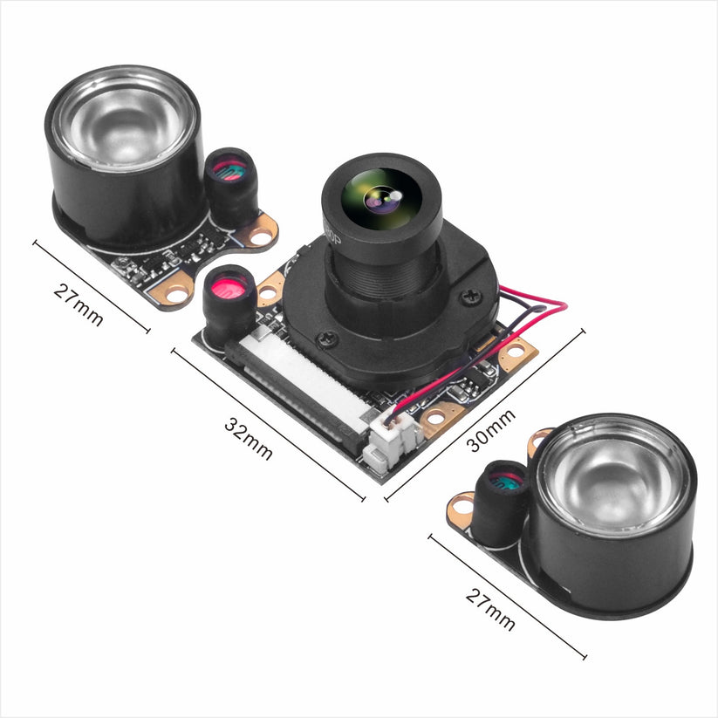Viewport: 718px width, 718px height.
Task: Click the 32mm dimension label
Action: (x=250, y=439)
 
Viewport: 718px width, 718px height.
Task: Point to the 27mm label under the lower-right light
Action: (x=490, y=609)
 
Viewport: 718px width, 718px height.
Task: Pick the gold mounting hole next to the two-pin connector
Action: (x=434, y=420)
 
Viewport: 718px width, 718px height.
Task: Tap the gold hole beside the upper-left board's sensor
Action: (x=259, y=231)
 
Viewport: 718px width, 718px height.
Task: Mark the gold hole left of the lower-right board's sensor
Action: (x=460, y=505)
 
